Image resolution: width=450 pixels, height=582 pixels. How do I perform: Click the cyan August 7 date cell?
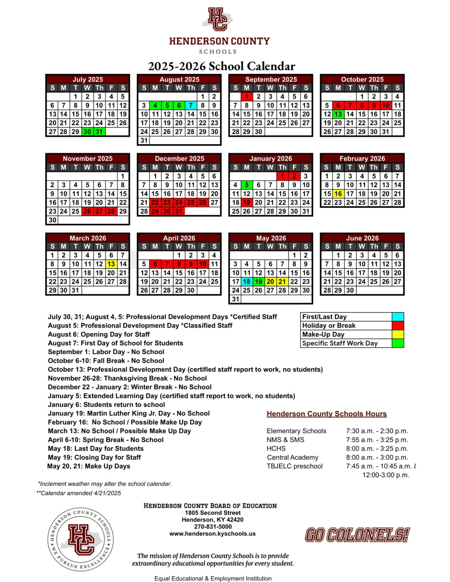pos(191,105)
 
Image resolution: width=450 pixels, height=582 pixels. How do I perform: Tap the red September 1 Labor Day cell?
pos(246,97)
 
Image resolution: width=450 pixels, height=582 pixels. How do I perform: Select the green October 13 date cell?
pos(338,114)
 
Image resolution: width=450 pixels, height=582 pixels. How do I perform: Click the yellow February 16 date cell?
pos(338,194)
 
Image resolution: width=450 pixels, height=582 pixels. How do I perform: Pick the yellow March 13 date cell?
pos(111,264)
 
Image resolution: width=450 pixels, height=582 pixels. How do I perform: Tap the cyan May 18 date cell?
pos(246,282)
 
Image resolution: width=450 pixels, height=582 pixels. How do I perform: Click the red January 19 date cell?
pos(246,202)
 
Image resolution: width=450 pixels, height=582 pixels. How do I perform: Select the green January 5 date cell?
pos(246,185)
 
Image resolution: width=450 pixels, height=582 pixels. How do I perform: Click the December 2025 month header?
pos(179,158)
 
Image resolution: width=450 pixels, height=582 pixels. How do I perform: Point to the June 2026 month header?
pos(362,238)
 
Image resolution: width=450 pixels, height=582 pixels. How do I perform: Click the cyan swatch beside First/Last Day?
pos(398,317)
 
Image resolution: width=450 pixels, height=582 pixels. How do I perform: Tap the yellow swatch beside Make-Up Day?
pos(398,334)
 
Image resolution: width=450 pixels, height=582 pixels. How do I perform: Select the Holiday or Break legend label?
pos(329,325)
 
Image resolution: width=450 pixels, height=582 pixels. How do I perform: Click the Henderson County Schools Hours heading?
pos(326,414)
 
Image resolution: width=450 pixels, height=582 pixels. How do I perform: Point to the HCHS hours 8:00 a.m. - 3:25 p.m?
pos(377,449)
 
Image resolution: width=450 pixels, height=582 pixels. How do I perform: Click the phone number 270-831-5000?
pos(213,527)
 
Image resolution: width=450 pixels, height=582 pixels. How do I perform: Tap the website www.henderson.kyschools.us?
pos(212,533)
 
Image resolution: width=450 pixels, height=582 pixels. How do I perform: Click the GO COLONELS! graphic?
pos(357,535)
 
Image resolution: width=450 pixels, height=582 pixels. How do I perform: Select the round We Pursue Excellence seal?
pos(80,539)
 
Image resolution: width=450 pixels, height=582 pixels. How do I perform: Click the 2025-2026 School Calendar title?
pos(221,66)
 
